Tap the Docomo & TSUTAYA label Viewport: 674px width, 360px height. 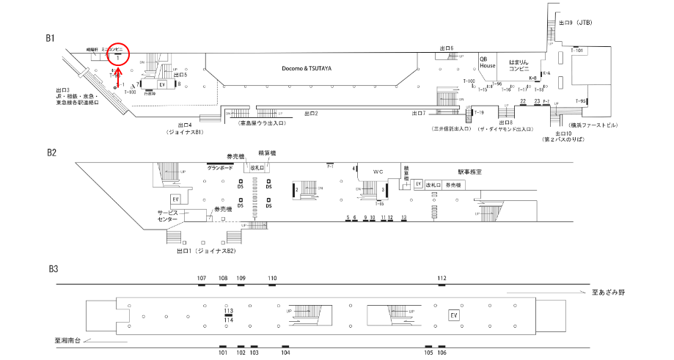click(307, 68)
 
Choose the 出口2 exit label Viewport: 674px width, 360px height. click(311, 114)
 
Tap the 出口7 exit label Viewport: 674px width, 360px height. click(419, 113)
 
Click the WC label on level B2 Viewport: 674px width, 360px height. click(378, 172)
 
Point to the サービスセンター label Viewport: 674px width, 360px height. click(168, 216)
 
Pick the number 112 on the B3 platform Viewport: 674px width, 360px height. click(442, 279)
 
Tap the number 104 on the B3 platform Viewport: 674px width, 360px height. click(285, 353)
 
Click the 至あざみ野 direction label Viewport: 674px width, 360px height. click(608, 293)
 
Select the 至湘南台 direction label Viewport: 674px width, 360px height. click(71, 340)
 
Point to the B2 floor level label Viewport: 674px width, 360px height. click(51, 153)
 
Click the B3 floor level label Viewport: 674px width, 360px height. click(52, 269)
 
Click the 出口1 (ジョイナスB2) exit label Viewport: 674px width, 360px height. click(206, 251)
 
